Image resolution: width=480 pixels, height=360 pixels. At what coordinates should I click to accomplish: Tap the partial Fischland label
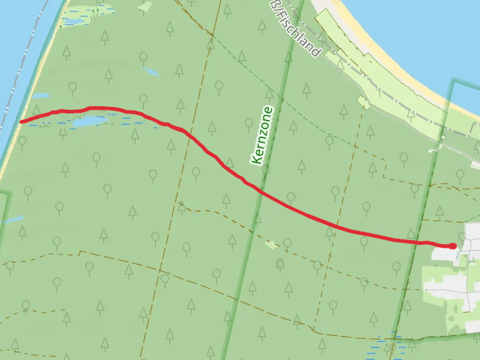[x=296, y=29]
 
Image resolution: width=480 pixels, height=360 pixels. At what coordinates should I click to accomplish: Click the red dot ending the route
[x=453, y=246]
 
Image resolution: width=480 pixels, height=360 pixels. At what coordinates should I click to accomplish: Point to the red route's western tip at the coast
[x=22, y=122]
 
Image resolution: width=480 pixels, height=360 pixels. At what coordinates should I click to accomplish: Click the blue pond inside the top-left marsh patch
[x=74, y=22]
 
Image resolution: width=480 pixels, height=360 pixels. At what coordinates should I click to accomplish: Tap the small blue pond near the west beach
[x=41, y=95]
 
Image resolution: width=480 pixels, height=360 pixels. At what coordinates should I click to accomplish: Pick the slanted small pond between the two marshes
[x=151, y=72]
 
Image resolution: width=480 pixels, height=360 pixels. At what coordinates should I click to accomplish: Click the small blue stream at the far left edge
[x=12, y=220]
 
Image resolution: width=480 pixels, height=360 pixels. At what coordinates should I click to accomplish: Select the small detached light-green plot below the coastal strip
[x=364, y=101]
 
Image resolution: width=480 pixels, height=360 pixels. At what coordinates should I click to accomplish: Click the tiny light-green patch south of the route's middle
[x=271, y=244]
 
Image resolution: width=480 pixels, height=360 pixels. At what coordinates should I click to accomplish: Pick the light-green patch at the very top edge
[x=145, y=6]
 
